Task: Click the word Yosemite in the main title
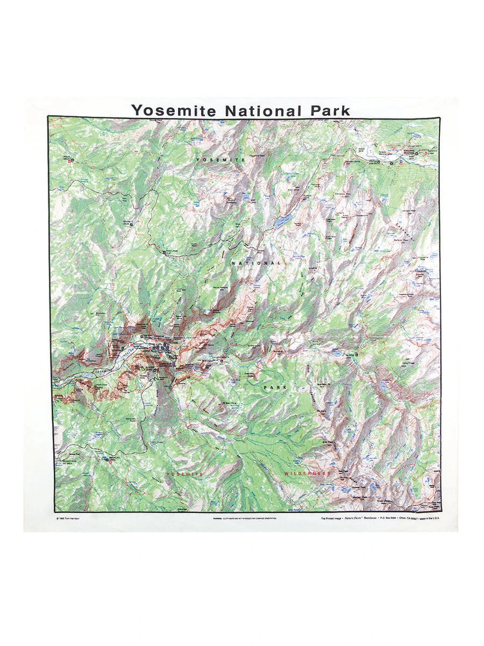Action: (x=175, y=110)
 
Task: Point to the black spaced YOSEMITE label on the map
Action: (x=220, y=160)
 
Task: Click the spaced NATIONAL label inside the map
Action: (x=256, y=263)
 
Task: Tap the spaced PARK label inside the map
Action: (x=275, y=387)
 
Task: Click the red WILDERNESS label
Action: (x=307, y=473)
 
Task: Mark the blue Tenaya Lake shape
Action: (x=283, y=221)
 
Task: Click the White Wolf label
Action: (x=67, y=157)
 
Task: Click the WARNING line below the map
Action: (x=245, y=519)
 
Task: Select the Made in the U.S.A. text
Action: (x=430, y=519)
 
